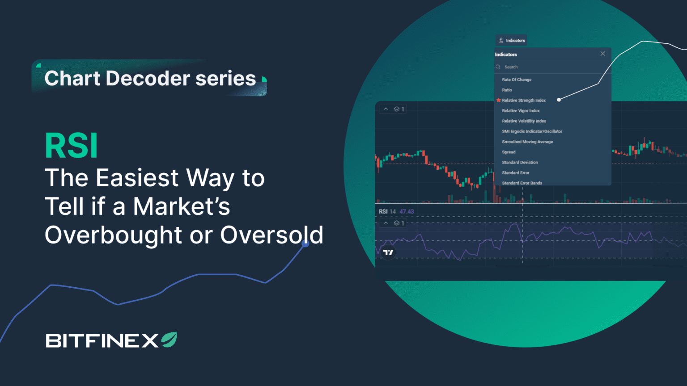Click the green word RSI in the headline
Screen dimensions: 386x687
(72, 146)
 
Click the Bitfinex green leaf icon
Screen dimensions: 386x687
(169, 340)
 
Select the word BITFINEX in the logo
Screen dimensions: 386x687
(102, 341)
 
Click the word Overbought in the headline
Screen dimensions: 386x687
(114, 235)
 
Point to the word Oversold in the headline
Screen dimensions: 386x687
(271, 235)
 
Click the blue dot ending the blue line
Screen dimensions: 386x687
(305, 243)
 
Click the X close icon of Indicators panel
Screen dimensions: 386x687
(603, 54)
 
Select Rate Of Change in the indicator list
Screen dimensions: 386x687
(517, 80)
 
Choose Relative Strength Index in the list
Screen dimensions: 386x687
(524, 101)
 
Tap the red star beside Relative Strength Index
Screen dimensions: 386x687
(499, 100)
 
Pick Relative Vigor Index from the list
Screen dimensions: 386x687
(521, 111)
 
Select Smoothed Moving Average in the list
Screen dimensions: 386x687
(527, 142)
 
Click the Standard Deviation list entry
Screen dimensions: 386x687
(520, 163)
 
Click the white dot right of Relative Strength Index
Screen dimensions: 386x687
(559, 100)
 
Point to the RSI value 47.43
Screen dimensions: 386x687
(407, 212)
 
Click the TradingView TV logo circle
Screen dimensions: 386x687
(388, 252)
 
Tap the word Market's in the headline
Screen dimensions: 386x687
(182, 207)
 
